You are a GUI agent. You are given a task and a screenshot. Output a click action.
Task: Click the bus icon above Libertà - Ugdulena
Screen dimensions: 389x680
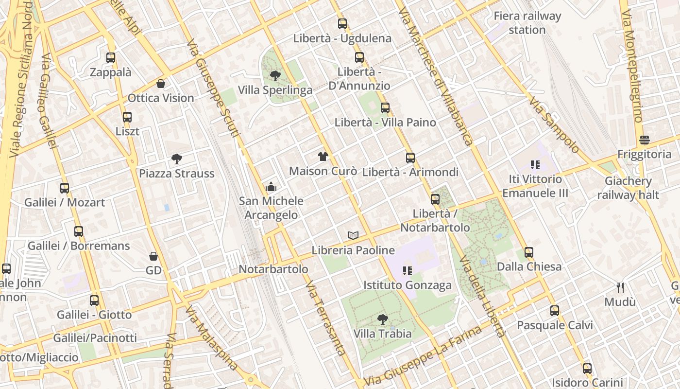[x=342, y=24]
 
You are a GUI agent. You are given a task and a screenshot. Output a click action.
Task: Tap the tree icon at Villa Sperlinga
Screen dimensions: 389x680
[x=275, y=76]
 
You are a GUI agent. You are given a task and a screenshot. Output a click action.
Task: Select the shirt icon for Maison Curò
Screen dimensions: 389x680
[x=323, y=157]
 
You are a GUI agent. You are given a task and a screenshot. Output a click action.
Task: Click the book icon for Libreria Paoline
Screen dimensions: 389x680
[x=353, y=236]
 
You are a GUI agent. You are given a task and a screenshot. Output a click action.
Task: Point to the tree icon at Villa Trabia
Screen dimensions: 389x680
[x=383, y=319]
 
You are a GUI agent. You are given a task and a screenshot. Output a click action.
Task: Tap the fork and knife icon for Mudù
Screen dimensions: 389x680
[x=620, y=287]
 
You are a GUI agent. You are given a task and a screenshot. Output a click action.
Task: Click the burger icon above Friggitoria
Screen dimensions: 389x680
[x=645, y=140]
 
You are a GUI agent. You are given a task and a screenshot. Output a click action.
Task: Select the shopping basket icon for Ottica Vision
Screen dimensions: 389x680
[x=161, y=84]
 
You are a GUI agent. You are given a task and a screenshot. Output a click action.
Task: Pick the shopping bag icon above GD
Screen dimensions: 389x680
[x=153, y=256]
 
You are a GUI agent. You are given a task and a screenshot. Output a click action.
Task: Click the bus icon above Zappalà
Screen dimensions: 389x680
[x=111, y=58]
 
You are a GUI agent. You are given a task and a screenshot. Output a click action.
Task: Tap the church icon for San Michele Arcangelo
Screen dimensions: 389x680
[x=271, y=187]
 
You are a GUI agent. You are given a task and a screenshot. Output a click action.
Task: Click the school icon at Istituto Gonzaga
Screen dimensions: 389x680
[x=408, y=271]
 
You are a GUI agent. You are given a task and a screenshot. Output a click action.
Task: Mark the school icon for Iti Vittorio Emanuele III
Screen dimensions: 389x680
[x=535, y=165]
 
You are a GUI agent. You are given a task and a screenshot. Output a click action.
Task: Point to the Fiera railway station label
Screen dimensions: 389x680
[x=527, y=23]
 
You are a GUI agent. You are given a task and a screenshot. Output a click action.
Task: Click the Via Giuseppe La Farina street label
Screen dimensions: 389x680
[x=423, y=354]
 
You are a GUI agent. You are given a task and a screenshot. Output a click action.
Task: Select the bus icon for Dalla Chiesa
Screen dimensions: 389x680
[x=529, y=252]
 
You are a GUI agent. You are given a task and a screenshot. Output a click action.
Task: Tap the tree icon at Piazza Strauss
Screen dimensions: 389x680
[x=177, y=159]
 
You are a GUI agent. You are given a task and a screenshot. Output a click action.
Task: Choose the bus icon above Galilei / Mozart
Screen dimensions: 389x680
[x=65, y=188]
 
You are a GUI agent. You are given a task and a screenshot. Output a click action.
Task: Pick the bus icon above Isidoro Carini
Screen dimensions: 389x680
[x=587, y=369]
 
